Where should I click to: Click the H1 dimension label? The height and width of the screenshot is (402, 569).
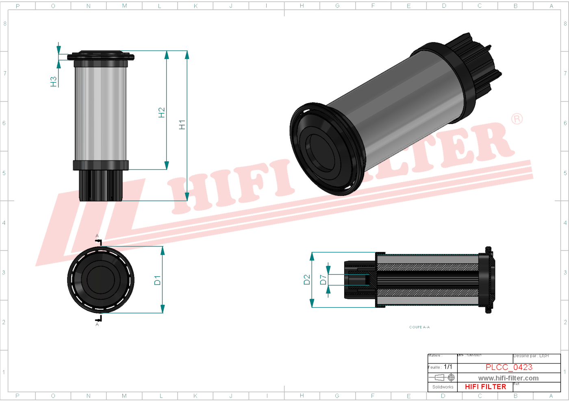(182, 125)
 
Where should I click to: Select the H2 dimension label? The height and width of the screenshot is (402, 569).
(161, 113)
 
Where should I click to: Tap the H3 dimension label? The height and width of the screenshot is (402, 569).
(53, 82)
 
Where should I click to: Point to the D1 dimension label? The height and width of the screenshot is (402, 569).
(157, 280)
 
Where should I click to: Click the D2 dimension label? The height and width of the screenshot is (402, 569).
(307, 280)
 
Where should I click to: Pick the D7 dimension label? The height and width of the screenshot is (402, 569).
(323, 280)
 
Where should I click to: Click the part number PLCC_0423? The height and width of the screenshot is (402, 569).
(509, 367)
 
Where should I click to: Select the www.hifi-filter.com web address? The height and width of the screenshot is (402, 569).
(508, 378)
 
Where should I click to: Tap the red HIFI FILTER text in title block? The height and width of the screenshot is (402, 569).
(485, 387)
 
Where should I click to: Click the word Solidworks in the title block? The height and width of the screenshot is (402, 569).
(443, 387)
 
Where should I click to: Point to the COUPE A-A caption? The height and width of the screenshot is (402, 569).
(419, 327)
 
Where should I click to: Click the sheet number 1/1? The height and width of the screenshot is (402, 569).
(448, 367)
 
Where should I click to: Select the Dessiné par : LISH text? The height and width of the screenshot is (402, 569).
(531, 356)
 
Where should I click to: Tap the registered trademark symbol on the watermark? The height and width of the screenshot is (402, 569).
(517, 119)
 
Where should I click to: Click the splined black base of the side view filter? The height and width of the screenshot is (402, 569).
(101, 185)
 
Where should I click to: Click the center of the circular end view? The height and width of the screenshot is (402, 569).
(101, 280)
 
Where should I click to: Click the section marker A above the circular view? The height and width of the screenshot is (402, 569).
(97, 236)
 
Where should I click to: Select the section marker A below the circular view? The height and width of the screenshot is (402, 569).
(97, 324)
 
